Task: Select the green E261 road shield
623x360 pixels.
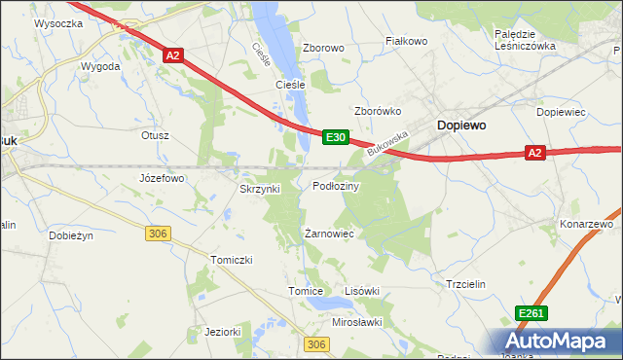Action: tap(531, 312)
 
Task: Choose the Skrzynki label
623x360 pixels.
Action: tap(260, 189)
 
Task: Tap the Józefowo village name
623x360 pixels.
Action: tap(162, 179)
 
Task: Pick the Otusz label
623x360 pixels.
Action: tap(156, 135)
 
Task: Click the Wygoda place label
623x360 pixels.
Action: tap(100, 66)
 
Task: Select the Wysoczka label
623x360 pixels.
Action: tap(56, 21)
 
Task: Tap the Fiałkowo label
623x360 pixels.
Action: tap(407, 42)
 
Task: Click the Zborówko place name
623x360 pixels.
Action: tap(378, 111)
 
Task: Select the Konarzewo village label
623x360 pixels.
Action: tap(586, 225)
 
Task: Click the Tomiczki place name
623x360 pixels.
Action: tap(232, 260)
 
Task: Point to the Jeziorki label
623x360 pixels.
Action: tap(223, 332)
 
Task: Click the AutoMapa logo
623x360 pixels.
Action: tap(558, 341)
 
